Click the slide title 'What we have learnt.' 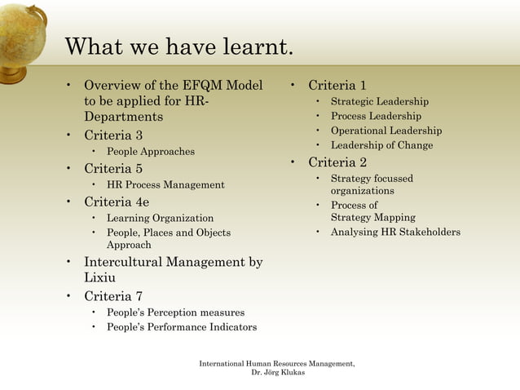pos(178,47)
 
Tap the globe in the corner pos(20,37)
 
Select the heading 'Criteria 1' pos(337,85)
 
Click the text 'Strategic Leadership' pos(379,102)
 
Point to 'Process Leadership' pos(376,117)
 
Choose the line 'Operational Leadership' pos(386,131)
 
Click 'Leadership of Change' pos(381,145)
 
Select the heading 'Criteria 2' pos(337,162)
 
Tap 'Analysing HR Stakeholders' pos(395,233)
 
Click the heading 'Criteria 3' pos(113,135)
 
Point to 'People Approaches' pos(151,152)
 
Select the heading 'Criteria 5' pos(113,169)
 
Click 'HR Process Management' pos(165,185)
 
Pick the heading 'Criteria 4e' pos(117,202)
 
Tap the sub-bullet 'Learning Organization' pos(160,219)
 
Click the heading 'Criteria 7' pos(113,295)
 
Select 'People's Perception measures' pos(175,312)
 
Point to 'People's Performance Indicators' pos(182,327)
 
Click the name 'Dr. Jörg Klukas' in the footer pos(277,374)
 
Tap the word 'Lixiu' pos(100,277)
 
